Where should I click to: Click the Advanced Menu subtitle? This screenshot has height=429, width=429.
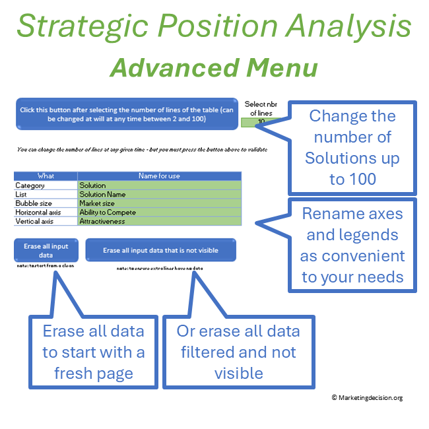(x=214, y=67)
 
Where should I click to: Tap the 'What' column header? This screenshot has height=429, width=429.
(x=46, y=176)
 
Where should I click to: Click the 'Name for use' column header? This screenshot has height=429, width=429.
(x=159, y=176)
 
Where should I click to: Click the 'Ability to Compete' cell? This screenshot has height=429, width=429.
(x=108, y=213)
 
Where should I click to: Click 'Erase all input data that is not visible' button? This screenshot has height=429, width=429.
(x=160, y=250)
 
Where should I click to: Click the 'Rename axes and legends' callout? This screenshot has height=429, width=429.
(x=352, y=245)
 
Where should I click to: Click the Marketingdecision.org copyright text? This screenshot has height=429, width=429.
(x=367, y=397)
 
